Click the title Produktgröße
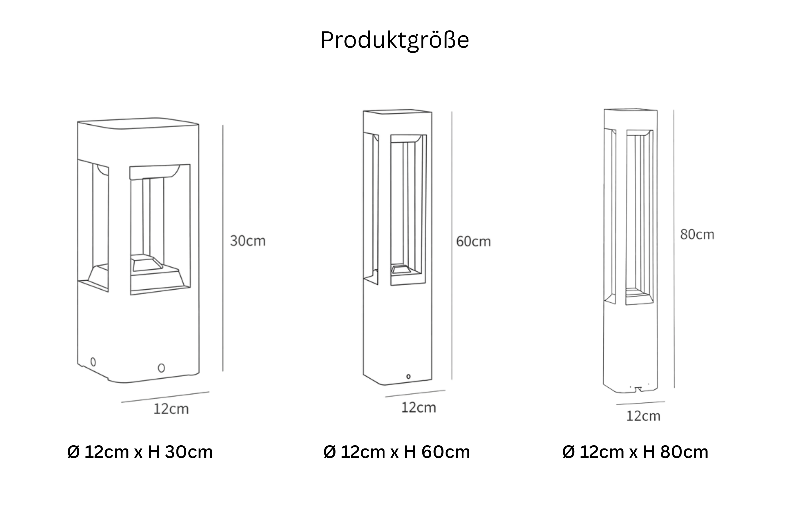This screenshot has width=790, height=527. click(395, 40)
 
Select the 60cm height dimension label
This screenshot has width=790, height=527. click(473, 242)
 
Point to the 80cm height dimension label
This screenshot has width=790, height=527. click(697, 235)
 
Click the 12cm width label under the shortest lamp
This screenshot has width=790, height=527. click(171, 409)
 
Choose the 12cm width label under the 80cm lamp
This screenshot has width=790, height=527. click(643, 416)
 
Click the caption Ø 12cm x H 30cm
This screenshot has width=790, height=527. click(140, 452)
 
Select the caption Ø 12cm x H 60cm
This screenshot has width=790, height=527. click(397, 452)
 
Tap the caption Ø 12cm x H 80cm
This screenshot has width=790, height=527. click(635, 452)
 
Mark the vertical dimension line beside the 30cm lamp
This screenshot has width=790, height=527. click(223, 248)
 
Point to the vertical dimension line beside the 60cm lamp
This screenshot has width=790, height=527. click(452, 245)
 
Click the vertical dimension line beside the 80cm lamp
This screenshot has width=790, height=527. click(674, 249)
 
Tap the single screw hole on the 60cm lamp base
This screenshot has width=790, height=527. click(408, 377)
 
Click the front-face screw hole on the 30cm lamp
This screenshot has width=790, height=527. click(161, 368)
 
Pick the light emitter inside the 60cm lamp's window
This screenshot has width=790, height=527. click(401, 269)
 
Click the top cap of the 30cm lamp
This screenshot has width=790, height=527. click(138, 123)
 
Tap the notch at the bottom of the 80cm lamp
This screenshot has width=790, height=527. click(636, 389)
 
